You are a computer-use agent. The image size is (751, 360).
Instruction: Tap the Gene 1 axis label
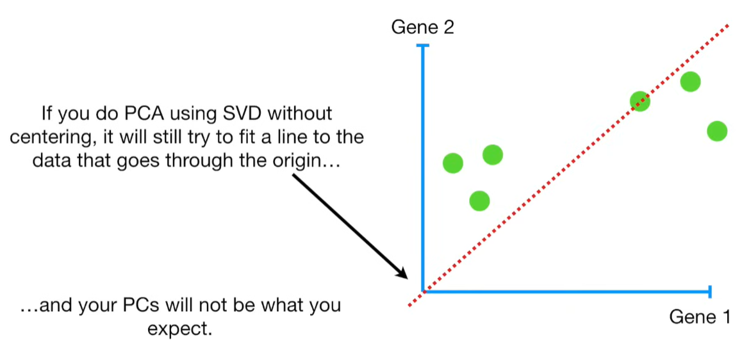(699, 317)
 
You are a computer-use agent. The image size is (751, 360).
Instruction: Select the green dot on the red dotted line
(640, 101)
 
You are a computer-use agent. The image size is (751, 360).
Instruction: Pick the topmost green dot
(690, 81)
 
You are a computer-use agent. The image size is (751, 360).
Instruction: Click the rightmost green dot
(716, 131)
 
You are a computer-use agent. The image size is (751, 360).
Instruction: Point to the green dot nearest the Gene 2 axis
(452, 163)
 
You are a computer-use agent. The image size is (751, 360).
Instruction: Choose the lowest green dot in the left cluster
(479, 201)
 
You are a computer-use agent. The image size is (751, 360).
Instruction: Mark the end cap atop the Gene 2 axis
(422, 45)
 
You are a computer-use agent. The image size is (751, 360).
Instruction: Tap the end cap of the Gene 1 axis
(710, 292)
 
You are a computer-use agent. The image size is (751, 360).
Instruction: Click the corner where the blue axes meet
(423, 291)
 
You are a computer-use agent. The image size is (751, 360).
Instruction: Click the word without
(301, 115)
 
